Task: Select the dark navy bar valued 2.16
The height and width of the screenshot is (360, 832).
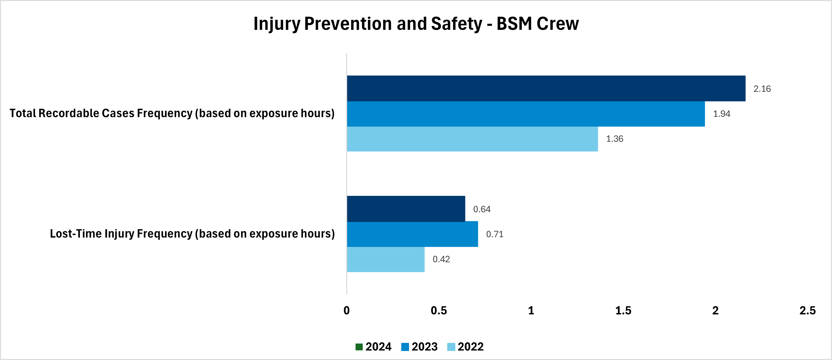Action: [x=546, y=88]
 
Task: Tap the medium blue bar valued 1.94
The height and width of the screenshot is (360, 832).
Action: [x=526, y=114]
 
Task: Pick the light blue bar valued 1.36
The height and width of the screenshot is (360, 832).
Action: [x=472, y=139]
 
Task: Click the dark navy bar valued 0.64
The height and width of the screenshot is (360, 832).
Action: [x=406, y=209]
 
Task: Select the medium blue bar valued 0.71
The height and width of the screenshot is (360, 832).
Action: [x=412, y=234]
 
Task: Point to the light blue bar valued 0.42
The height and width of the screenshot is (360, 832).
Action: [x=386, y=259]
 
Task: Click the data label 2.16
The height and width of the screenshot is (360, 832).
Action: [x=762, y=89]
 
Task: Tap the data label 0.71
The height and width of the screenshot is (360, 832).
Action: [x=494, y=234]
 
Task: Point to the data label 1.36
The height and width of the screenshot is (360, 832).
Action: [x=614, y=139]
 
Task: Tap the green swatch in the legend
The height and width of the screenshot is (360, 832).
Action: [x=359, y=347]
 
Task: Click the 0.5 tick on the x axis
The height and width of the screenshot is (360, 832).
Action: [x=439, y=311]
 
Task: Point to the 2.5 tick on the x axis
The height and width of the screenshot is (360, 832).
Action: [x=807, y=311]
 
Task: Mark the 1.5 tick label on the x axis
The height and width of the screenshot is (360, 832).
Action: [x=623, y=311]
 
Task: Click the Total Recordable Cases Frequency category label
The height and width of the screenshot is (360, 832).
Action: [x=172, y=113]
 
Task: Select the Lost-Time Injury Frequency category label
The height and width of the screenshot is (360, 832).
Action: [x=192, y=234]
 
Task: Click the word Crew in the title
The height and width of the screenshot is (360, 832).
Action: [x=558, y=24]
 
